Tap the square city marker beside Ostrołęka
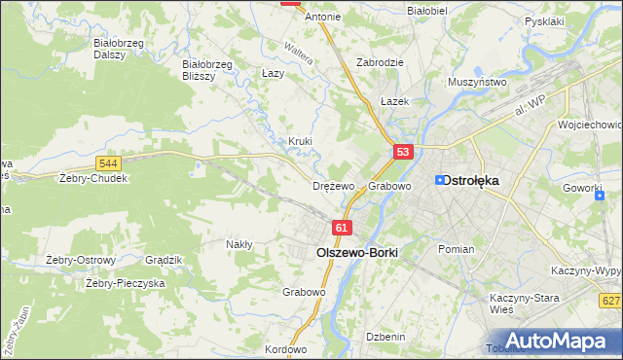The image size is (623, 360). (x=439, y=180)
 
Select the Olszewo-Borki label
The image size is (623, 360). (x=357, y=251)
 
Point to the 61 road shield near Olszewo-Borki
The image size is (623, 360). (x=341, y=228)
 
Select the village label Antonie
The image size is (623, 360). (x=322, y=17)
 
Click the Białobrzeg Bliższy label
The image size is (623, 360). (x=206, y=70)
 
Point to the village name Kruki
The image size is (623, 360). (x=300, y=141)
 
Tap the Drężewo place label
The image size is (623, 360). (x=333, y=186)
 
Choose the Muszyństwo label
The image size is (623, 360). (x=477, y=83)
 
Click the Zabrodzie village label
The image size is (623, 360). (x=380, y=61)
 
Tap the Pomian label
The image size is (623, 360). (x=456, y=249)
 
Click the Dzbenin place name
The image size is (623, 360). (x=385, y=337)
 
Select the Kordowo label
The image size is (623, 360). (x=285, y=349)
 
